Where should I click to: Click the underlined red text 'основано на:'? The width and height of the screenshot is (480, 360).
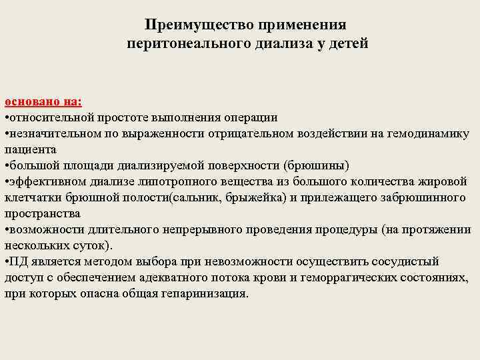[43, 101]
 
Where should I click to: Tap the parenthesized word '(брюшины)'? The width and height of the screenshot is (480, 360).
[316, 165]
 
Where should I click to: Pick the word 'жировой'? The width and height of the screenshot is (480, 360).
[445, 181]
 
